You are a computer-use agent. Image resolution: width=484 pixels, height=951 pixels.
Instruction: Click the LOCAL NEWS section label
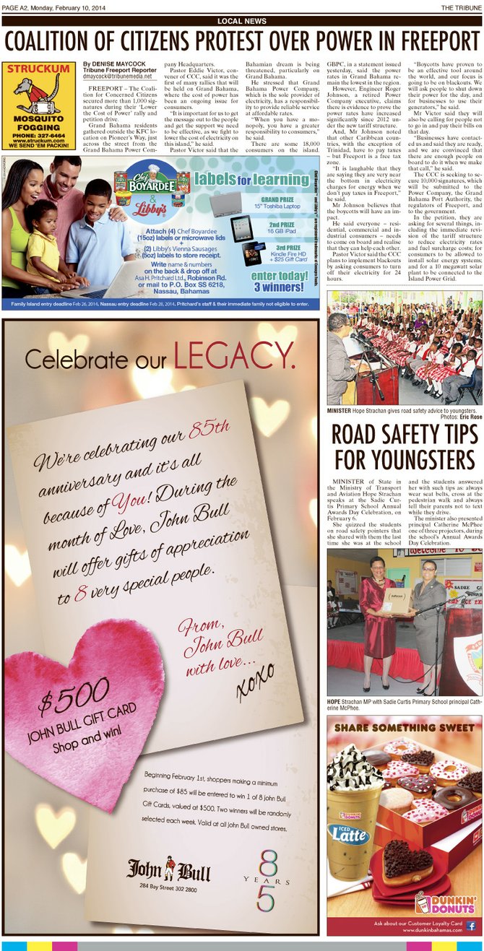pyautogui.click(x=241, y=22)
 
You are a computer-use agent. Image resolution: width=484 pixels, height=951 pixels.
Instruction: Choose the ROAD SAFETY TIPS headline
pyautogui.click(x=405, y=446)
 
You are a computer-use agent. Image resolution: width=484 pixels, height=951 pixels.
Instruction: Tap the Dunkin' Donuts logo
pyautogui.click(x=446, y=903)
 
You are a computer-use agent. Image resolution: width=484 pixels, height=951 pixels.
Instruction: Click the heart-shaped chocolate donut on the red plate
pyautogui.click(x=407, y=860)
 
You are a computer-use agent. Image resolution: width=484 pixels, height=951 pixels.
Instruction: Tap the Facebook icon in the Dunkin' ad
pyautogui.click(x=470, y=925)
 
